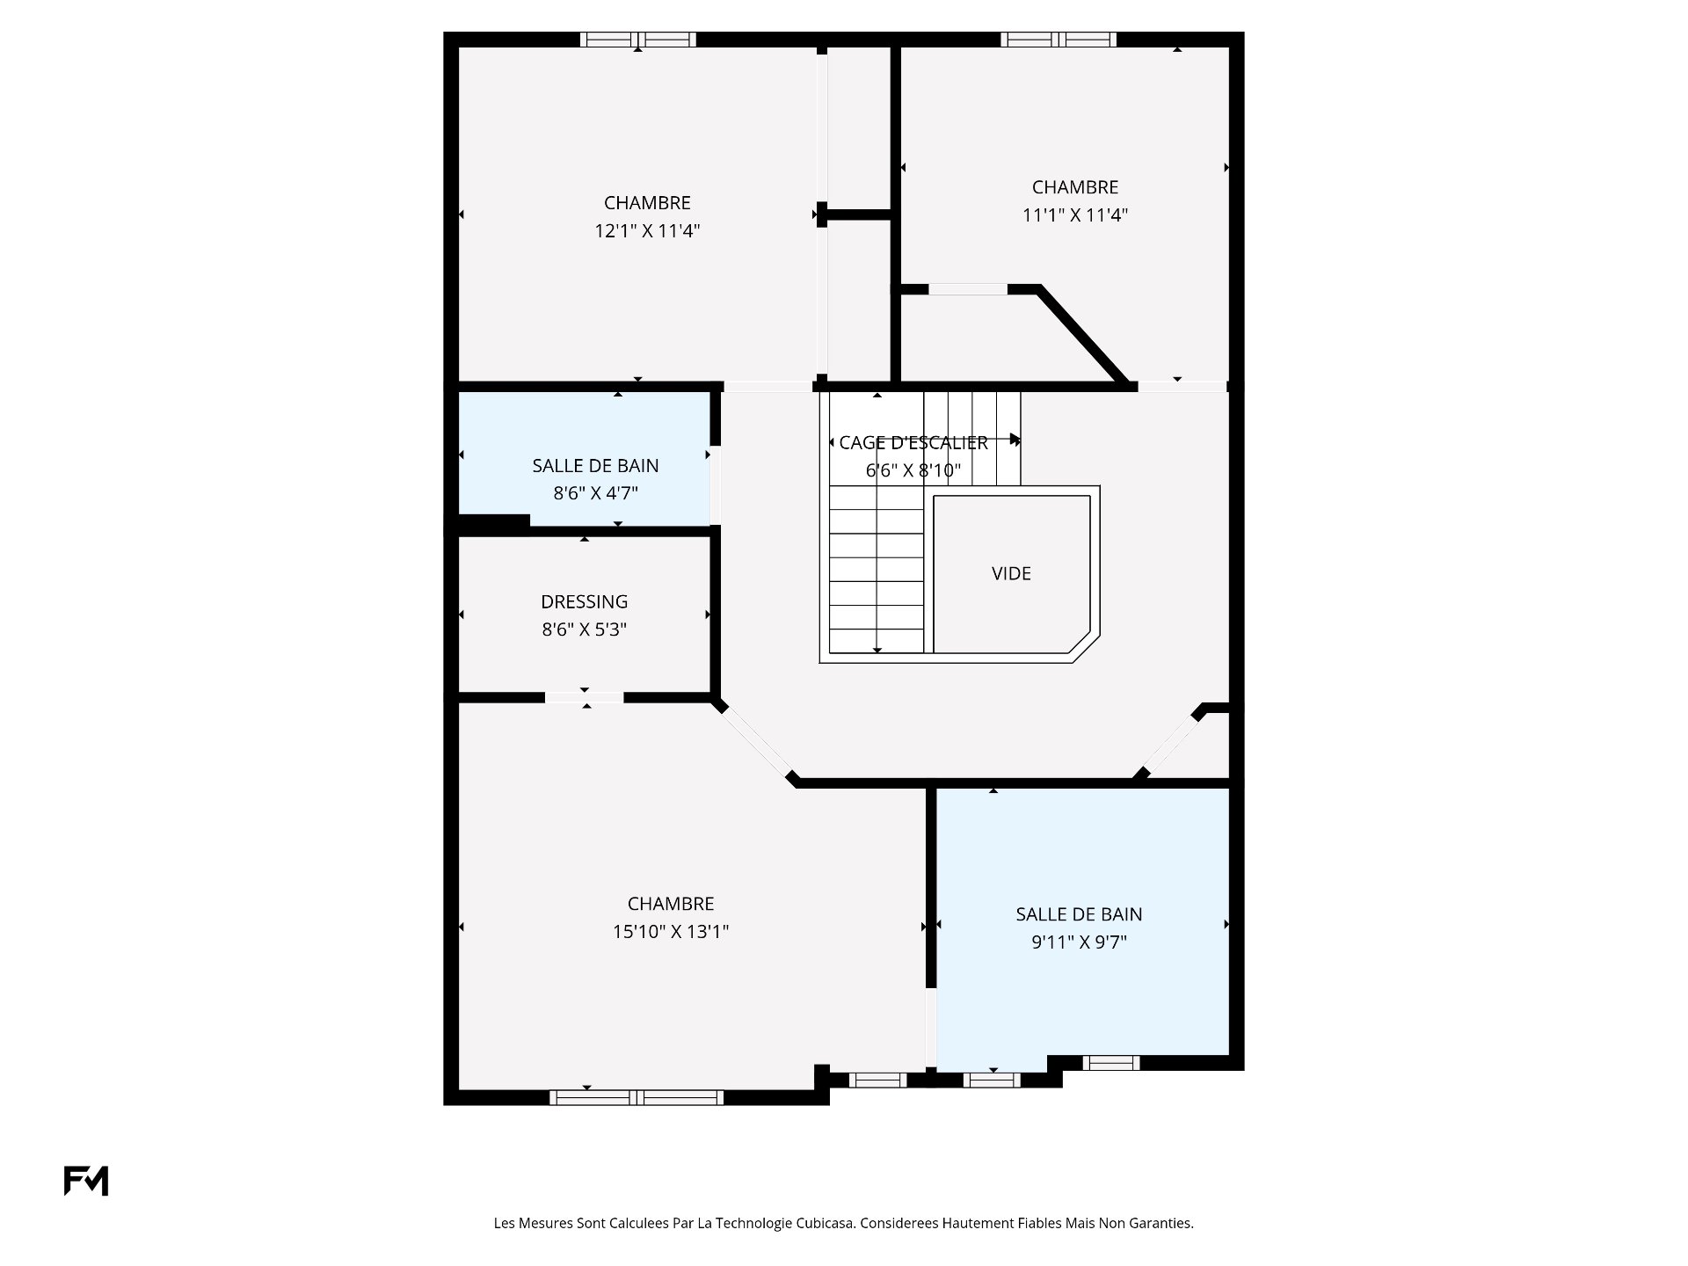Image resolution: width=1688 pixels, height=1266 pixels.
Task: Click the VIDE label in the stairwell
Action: [x=1011, y=573]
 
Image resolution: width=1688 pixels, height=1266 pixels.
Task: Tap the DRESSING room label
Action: [x=585, y=602]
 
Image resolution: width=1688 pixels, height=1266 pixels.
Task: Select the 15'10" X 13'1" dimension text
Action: [x=671, y=932]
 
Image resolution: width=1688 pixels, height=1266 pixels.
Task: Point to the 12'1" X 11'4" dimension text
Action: [x=647, y=231]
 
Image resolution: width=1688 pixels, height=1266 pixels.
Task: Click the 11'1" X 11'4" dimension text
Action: [x=1075, y=215]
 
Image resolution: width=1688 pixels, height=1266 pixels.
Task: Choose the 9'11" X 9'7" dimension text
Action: [x=1079, y=942]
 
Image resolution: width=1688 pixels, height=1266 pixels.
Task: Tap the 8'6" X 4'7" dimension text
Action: [x=595, y=493]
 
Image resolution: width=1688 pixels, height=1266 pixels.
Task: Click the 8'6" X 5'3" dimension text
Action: [x=585, y=629]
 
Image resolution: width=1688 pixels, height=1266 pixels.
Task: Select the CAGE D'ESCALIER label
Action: [x=913, y=443]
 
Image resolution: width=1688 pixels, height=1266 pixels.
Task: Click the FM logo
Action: [x=86, y=1181]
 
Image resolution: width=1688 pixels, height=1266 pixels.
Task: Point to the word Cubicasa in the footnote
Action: [x=826, y=1223]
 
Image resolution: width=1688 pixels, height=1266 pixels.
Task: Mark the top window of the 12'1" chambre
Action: [x=638, y=40]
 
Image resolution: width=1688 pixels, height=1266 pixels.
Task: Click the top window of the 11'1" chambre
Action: [x=1059, y=40]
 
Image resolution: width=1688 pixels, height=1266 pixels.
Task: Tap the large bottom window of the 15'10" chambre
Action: [x=637, y=1097]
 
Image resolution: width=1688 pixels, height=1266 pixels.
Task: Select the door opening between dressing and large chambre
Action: [x=585, y=697]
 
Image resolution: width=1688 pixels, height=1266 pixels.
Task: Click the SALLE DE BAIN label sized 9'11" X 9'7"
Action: [x=1079, y=914]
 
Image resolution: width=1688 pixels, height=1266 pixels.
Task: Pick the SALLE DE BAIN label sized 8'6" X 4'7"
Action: [x=595, y=466]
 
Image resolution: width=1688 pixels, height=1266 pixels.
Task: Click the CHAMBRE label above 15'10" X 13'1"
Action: [x=671, y=904]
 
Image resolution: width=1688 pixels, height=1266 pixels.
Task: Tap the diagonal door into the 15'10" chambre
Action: [x=756, y=741]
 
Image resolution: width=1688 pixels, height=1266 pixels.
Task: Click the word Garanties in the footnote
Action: [x=1161, y=1223]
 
